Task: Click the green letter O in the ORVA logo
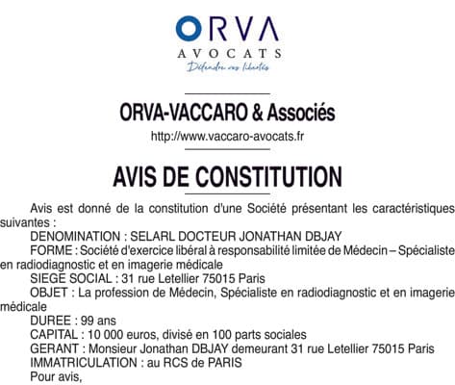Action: point(189,27)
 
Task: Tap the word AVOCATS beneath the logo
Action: point(227,53)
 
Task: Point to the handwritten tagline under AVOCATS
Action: point(227,67)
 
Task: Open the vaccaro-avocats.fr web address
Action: point(227,136)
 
